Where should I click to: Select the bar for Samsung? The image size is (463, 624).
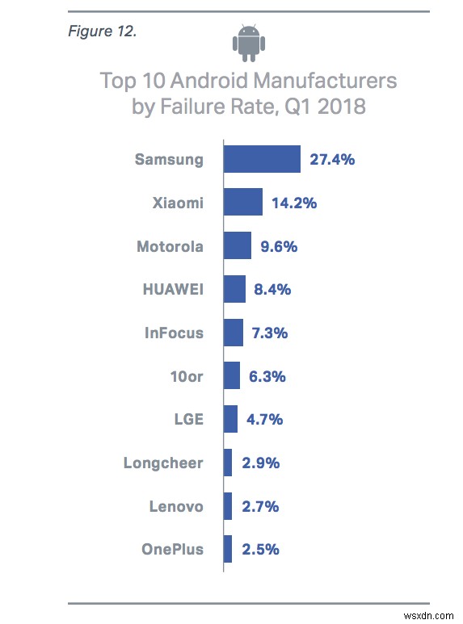coord(262,159)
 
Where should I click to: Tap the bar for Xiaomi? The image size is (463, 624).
coord(242,203)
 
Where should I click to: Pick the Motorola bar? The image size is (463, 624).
coord(237,246)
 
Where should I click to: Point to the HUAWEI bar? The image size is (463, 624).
coord(234,289)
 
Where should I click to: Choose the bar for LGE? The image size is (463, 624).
coord(229,419)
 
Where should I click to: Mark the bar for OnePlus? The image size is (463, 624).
coord(227,550)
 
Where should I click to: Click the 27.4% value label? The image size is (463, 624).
coord(332,159)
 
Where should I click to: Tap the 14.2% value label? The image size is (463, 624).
coord(293,203)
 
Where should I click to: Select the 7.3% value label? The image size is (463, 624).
coord(271,333)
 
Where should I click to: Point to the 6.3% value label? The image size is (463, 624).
coord(268,376)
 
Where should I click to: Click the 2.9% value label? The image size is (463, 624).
coord(260,463)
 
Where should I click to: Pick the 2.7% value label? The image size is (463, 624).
coord(260,506)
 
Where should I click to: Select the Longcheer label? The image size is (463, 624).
coord(163,463)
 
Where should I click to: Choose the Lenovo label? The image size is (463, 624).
coord(176,506)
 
